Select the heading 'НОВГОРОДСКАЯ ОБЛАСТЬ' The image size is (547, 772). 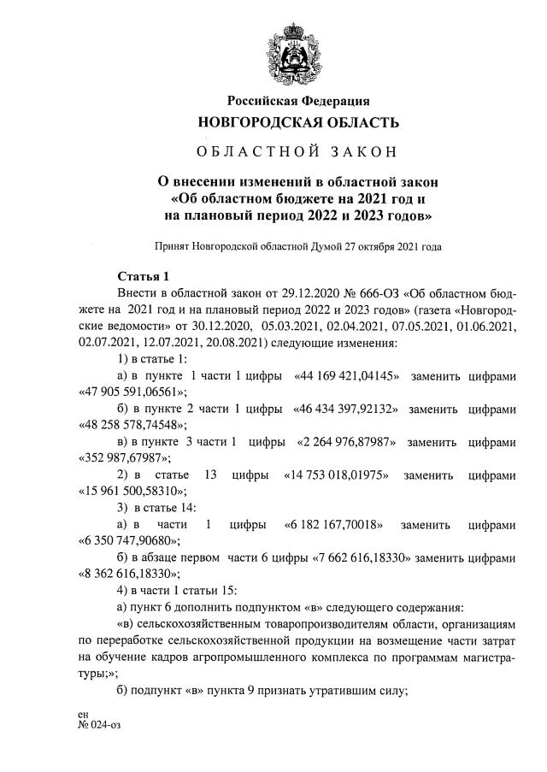(298, 122)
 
